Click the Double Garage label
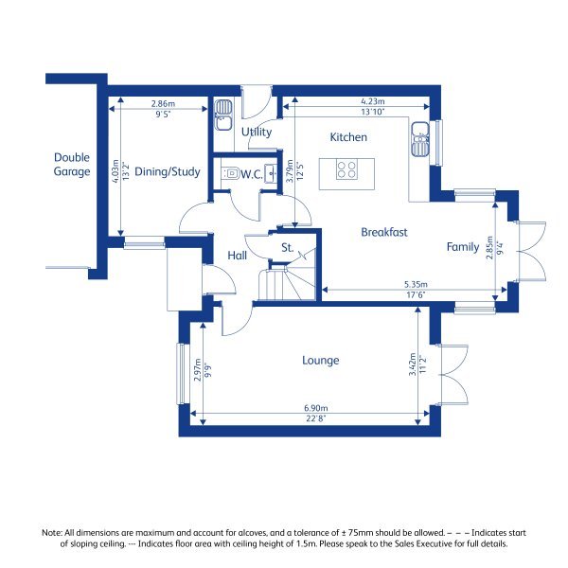tap(72, 165)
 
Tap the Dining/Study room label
tap(167, 171)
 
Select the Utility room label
tap(257, 133)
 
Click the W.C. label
tap(251, 174)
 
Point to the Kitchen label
tap(347, 137)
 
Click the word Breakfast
tap(383, 232)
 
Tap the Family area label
tap(463, 247)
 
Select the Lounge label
tap(320, 361)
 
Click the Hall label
tap(237, 255)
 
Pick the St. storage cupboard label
tap(287, 248)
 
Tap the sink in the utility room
tap(224, 115)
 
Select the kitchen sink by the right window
tap(420, 140)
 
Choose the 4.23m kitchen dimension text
tap(371, 101)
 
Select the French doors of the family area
tap(531, 252)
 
